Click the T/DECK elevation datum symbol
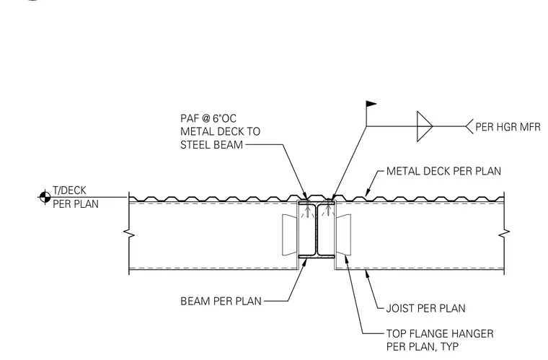coord(45,197)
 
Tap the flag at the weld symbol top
coord(371,104)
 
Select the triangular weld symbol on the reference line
coord(425,126)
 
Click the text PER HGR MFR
coord(508,127)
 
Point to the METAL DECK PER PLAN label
coord(443,171)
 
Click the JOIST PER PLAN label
coord(425,308)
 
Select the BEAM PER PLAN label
coord(221,302)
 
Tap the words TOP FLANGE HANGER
coord(440,333)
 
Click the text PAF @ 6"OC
coord(208,118)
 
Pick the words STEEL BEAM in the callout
coord(211,145)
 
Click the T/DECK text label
coord(69,190)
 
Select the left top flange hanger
coord(290,234)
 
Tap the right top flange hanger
coord(343,234)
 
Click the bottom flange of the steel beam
coord(317,257)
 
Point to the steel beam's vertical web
coord(317,229)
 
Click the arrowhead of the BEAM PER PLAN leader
coord(304,262)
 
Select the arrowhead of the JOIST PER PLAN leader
coord(366,273)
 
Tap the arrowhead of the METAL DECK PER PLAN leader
coord(367,193)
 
